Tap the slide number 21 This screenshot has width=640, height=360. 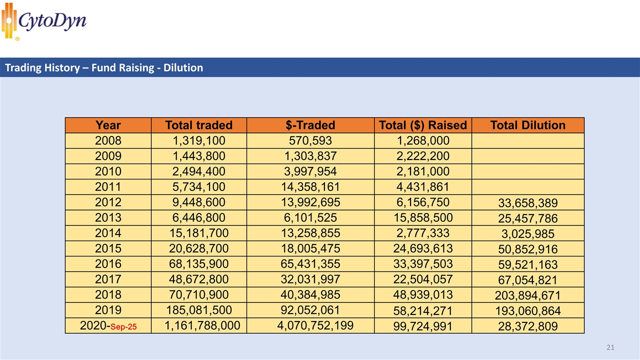[610, 347]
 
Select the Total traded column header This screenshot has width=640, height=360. [198, 125]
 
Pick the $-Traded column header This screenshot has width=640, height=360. [310, 125]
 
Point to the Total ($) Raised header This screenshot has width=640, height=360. [422, 125]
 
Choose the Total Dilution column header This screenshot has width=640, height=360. [527, 125]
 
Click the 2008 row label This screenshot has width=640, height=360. [108, 140]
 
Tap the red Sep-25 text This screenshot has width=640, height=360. [123, 327]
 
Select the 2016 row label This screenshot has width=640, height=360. [108, 264]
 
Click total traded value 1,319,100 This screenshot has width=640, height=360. [198, 140]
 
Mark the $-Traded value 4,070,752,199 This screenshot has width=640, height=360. [315, 326]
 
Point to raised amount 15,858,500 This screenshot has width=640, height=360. [422, 217]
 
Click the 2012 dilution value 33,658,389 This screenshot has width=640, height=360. [528, 203]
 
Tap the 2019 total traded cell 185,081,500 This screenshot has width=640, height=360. [198, 310]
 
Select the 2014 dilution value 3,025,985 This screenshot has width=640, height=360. [528, 233]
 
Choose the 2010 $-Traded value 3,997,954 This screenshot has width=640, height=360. [310, 171]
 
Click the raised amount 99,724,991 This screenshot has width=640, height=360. [422, 326]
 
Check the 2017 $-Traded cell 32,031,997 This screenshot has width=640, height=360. [310, 279]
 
